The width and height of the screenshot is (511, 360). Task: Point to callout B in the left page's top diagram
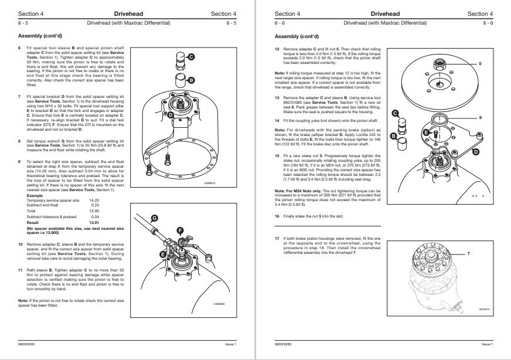click(x=191, y=79)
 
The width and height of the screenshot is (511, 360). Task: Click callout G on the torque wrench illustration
click(x=155, y=218)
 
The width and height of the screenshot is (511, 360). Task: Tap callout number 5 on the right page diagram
click(x=481, y=63)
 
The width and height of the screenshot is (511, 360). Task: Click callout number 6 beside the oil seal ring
click(x=481, y=117)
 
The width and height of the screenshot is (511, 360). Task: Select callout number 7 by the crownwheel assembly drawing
click(x=469, y=254)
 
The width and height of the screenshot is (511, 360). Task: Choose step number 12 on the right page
click(x=278, y=49)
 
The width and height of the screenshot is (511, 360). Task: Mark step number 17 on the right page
click(x=278, y=239)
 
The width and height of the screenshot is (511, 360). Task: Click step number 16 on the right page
click(x=278, y=216)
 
